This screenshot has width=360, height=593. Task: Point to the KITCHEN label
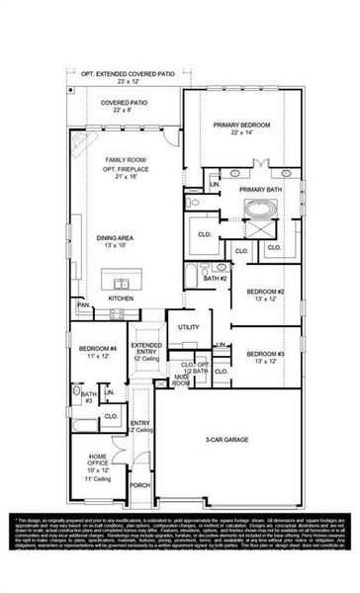click(121, 297)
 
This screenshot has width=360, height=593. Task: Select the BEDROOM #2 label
click(265, 292)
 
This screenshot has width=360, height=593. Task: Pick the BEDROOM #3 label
click(265, 353)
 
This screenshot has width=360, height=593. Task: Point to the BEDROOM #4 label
click(97, 349)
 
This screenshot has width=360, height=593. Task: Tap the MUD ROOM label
click(180, 378)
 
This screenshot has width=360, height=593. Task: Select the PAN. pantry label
click(85, 305)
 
